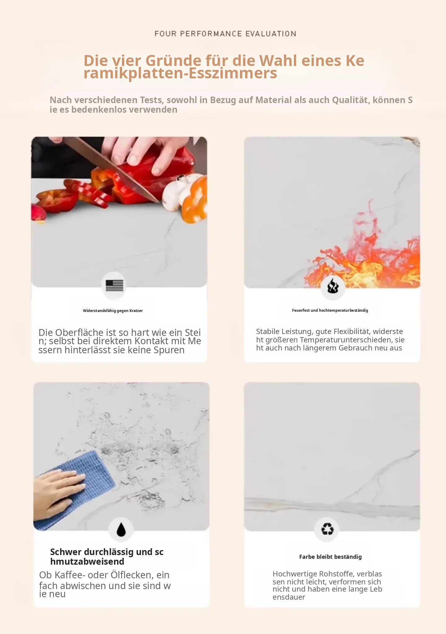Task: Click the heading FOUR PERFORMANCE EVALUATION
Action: coord(225,33)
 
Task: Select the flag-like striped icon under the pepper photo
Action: coord(114,285)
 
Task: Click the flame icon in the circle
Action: coord(333,286)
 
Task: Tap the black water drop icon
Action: coord(121,529)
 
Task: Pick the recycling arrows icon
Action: coord(327,529)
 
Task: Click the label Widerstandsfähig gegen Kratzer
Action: coord(113,310)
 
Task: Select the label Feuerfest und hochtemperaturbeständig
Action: coord(330,310)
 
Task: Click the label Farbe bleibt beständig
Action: coord(330,557)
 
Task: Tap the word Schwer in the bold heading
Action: coord(66,552)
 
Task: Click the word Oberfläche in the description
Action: coord(79,332)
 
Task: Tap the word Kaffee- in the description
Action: coord(70,575)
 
